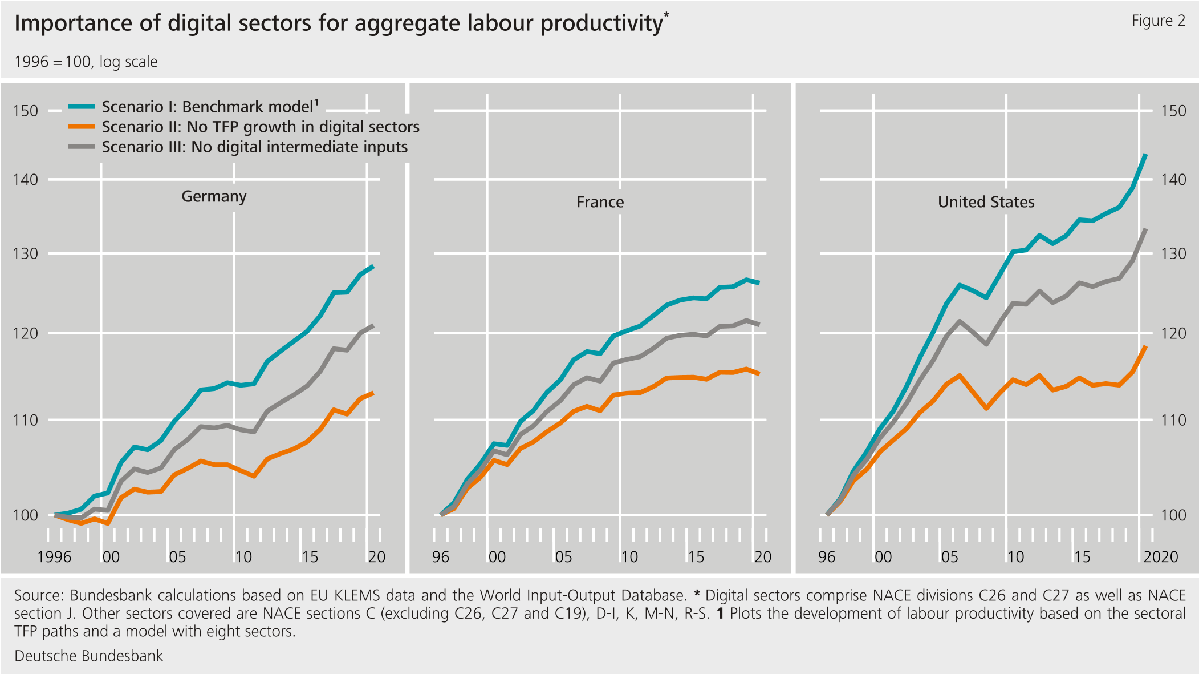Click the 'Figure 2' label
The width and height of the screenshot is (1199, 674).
click(1158, 21)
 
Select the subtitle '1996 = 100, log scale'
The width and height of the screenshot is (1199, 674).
click(86, 62)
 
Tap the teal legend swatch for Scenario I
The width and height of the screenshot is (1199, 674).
click(82, 107)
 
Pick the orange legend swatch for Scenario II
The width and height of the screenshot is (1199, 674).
click(82, 127)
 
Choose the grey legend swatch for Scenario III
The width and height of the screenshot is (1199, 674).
click(82, 147)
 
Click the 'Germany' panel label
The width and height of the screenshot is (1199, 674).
click(214, 196)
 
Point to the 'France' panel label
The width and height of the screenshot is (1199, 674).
click(600, 202)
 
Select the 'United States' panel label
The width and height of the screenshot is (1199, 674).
click(986, 202)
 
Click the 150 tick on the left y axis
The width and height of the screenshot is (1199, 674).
click(26, 111)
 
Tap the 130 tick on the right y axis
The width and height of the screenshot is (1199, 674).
click(1173, 253)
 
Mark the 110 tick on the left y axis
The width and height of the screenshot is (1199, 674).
click(26, 421)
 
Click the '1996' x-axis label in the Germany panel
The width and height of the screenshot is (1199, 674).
click(54, 557)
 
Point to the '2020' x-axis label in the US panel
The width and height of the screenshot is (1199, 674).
click(1160, 557)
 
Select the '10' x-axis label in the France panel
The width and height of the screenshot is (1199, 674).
click(629, 557)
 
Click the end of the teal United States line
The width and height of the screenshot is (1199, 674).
click(1146, 155)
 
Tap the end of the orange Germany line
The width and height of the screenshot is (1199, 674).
click(373, 393)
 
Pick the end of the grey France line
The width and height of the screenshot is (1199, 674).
click(759, 325)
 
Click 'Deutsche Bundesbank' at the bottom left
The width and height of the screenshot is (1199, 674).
click(88, 656)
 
